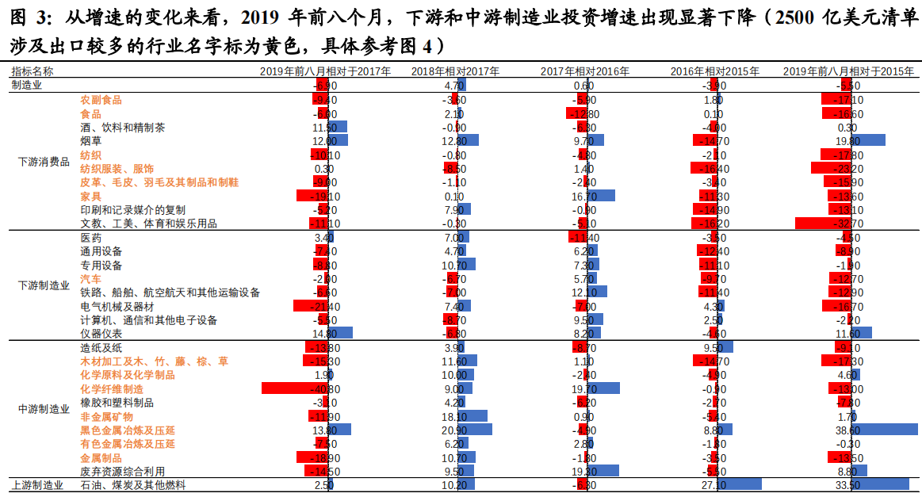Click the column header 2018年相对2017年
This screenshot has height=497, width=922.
(x=455, y=71)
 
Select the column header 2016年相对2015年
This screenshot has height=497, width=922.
(x=714, y=71)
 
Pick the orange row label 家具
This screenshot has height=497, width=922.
(x=91, y=196)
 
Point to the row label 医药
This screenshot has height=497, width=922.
(x=91, y=238)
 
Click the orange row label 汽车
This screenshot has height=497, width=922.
(x=91, y=279)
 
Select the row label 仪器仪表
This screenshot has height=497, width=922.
(x=101, y=334)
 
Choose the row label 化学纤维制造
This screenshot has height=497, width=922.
(x=112, y=389)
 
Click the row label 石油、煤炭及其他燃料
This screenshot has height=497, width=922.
(x=133, y=485)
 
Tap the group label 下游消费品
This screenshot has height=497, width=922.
(x=44, y=162)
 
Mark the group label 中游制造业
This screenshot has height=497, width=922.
(x=44, y=409)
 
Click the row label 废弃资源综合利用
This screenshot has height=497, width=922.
(x=123, y=471)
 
